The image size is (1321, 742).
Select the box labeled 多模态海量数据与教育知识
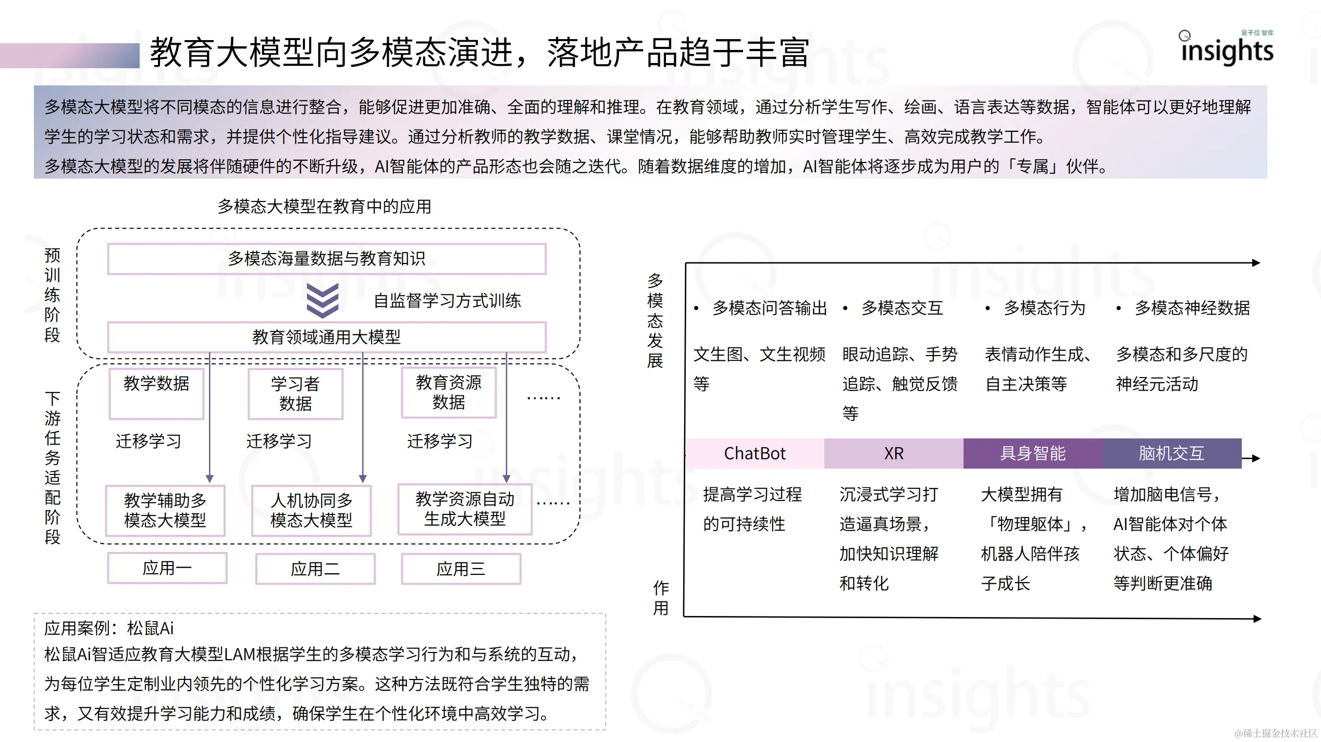click(327, 259)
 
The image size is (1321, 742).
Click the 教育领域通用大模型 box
click(327, 337)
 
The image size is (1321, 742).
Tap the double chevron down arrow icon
click(323, 300)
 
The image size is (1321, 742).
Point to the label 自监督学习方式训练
click(447, 301)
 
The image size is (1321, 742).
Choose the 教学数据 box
click(156, 394)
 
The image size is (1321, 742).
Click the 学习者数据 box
click(295, 394)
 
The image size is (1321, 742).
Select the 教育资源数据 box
click(449, 393)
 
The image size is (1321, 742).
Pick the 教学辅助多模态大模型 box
click(165, 510)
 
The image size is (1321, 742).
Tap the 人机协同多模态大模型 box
click(312, 510)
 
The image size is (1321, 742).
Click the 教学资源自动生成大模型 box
click(465, 509)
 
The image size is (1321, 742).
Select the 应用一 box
click(167, 568)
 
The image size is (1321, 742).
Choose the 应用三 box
click(461, 569)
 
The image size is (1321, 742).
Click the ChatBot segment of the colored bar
click(755, 454)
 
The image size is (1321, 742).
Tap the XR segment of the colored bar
click(894, 454)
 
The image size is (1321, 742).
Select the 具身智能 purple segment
click(1033, 454)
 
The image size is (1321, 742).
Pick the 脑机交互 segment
click(1171, 454)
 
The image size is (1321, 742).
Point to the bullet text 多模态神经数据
click(1192, 308)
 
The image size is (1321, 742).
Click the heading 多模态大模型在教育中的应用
click(325, 207)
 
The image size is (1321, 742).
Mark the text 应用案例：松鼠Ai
click(109, 628)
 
